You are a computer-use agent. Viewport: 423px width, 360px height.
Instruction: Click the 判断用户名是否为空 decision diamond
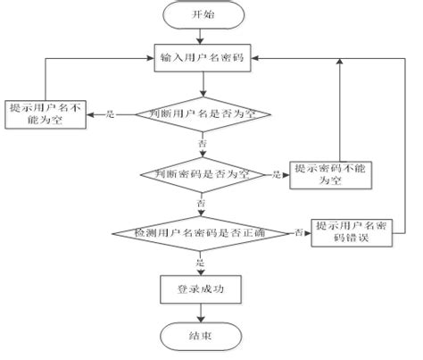click(x=204, y=114)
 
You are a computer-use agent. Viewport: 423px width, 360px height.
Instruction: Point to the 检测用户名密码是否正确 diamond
click(x=204, y=232)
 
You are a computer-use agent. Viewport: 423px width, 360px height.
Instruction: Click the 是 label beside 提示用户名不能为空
click(x=112, y=114)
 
